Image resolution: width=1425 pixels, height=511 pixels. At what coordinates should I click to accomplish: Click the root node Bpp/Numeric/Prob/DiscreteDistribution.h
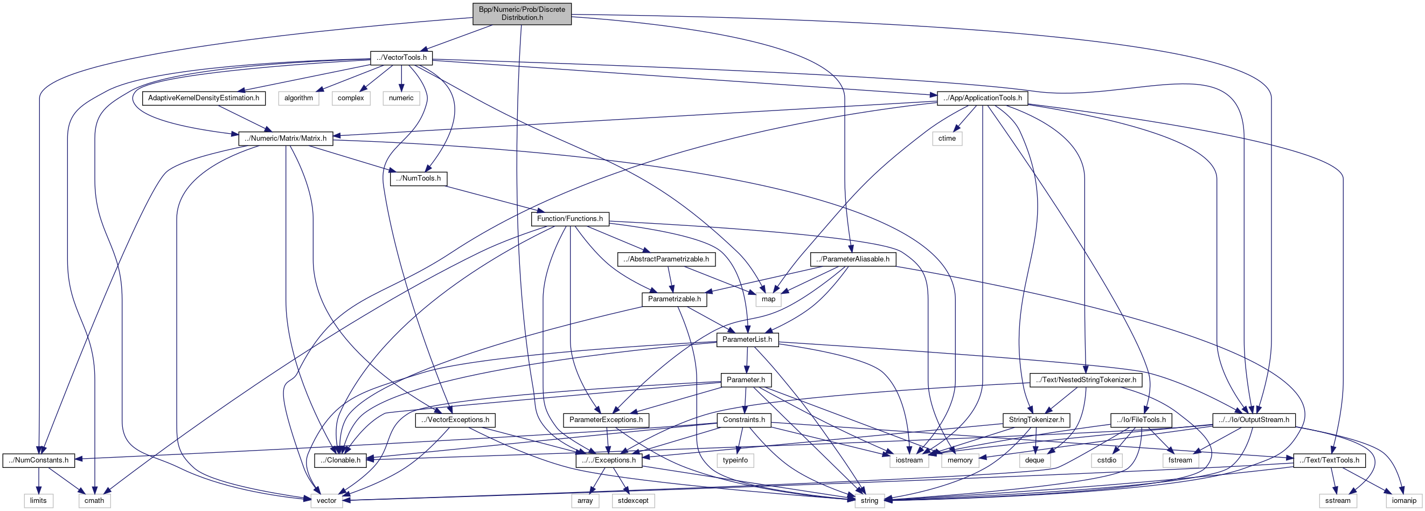coord(522,13)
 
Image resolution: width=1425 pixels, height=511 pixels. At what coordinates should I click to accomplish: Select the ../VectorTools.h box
coord(401,58)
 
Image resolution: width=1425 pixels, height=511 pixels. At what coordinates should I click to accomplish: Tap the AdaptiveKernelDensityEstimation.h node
coord(204,98)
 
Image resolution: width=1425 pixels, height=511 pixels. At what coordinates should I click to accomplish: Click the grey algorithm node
coord(298,98)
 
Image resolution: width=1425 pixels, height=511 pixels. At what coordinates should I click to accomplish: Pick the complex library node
coord(351,98)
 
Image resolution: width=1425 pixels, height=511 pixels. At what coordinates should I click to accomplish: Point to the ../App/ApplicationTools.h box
coord(983,98)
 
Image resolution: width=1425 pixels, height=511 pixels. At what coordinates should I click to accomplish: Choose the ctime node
coord(947,139)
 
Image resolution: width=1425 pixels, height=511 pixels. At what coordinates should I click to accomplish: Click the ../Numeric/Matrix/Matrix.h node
coord(286,139)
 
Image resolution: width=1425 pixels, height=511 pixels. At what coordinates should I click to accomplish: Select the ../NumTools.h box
coord(419,178)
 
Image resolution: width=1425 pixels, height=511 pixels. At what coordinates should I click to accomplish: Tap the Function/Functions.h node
coord(570,219)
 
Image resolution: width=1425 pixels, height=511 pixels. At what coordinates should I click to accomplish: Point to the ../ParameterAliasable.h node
coord(853,259)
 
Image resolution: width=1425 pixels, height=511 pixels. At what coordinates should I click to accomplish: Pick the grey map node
coord(768,300)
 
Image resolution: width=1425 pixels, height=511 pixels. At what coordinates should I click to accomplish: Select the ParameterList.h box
coord(747,340)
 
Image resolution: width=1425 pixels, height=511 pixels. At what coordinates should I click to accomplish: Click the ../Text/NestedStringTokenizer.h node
coord(1086,380)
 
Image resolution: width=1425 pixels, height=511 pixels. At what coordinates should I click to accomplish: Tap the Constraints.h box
coord(744,420)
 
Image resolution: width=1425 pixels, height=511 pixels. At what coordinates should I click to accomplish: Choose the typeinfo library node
coord(735,460)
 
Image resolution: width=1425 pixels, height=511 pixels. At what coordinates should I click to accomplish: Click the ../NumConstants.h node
coord(39,460)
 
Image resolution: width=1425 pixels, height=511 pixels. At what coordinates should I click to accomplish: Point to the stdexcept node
coord(634,500)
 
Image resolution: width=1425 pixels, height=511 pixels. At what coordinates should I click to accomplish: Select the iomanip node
coord(1403,500)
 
